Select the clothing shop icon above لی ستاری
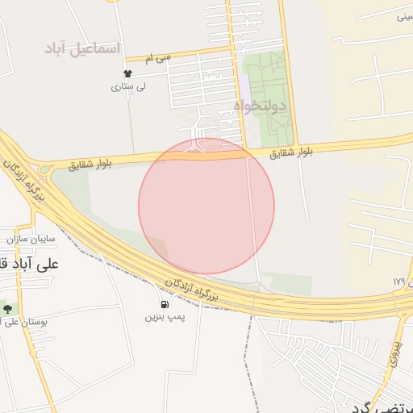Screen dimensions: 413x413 (116, 73)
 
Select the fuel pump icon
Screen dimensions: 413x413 (165, 304)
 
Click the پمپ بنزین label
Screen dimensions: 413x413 (165, 317)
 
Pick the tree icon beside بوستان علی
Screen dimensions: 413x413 (7, 308)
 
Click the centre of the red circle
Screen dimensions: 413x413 (206, 206)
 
